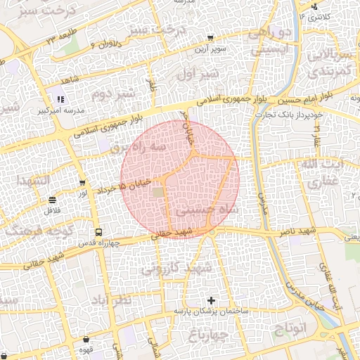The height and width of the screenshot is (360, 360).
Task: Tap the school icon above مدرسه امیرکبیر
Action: point(61,99)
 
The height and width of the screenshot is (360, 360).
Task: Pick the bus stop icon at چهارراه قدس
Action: point(98,231)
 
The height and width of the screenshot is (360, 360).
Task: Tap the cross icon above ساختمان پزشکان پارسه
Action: point(211,300)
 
